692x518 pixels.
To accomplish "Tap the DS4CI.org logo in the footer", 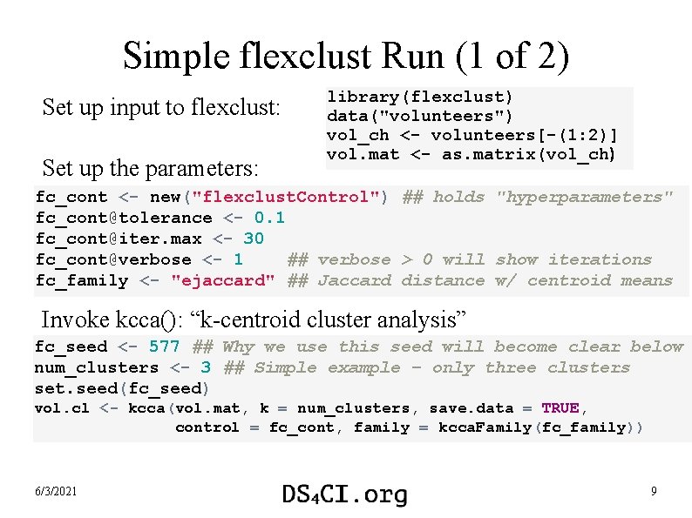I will tap(344, 494).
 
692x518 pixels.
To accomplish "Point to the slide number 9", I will tap(654, 492).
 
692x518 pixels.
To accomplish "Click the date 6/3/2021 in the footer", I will tap(57, 493).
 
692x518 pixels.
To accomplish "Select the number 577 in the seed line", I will tap(165, 346).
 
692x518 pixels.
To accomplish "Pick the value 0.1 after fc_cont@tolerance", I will tap(270, 218).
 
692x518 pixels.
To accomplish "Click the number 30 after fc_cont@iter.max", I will tap(254, 239).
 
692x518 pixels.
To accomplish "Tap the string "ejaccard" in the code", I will tap(223, 280).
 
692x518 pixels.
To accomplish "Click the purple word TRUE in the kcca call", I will tap(560, 407).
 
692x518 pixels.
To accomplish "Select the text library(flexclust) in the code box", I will tap(419, 97).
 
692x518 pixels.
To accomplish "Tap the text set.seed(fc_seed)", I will tap(122, 388).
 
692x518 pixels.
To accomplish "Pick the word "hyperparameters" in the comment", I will tap(585, 197).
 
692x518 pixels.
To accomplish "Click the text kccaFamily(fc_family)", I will tap(540, 427).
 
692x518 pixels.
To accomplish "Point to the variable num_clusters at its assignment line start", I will tap(96, 367).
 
